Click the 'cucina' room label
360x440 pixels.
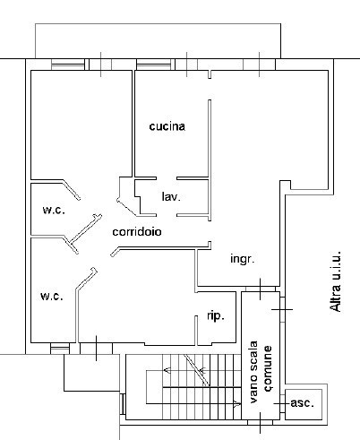point(167,126)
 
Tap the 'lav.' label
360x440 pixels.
point(171,196)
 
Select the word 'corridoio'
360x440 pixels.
point(137,231)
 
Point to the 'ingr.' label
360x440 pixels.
point(243,259)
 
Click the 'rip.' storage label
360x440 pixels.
point(216,315)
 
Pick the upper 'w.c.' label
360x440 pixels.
point(54,210)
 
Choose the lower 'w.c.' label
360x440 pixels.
point(52,296)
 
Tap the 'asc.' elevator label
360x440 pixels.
point(302,403)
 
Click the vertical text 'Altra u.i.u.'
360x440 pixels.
point(335,281)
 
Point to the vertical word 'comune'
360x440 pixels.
point(268,368)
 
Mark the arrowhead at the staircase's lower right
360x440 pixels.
point(237,404)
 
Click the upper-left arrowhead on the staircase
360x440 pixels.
point(167,371)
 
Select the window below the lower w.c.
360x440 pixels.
point(60,349)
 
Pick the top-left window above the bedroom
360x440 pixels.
point(68,65)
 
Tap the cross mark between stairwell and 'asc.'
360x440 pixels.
point(281,403)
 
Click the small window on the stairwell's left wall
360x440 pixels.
point(123,404)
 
